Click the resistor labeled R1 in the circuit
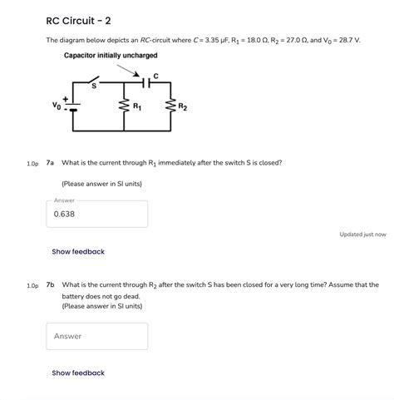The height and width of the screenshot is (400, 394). click(x=124, y=107)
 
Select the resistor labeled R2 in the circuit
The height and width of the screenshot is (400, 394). click(x=172, y=107)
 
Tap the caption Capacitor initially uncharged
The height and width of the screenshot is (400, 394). click(x=111, y=56)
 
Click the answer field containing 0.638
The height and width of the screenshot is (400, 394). click(x=96, y=214)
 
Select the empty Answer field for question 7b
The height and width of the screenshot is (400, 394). click(x=96, y=336)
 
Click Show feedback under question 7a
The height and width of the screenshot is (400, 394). click(x=78, y=251)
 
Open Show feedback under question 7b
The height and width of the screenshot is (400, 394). click(x=78, y=373)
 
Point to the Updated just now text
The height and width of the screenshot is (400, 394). click(x=362, y=235)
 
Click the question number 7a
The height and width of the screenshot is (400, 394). click(x=51, y=163)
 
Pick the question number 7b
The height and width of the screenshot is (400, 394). click(x=51, y=285)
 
